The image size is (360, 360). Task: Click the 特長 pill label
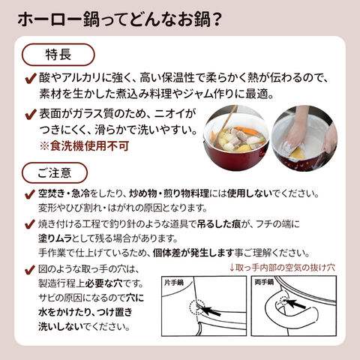(x=58, y=55)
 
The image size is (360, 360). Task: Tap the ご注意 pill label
(x=55, y=172)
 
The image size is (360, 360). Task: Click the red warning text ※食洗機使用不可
(x=84, y=146)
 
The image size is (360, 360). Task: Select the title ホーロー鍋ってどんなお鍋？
(x=119, y=19)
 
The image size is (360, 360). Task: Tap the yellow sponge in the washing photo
(x=297, y=153)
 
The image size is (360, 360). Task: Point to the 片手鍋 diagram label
(x=174, y=283)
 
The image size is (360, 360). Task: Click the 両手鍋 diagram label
(x=264, y=282)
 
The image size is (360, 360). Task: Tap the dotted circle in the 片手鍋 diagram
(x=197, y=307)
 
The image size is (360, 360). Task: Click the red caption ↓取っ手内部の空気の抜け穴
(x=282, y=268)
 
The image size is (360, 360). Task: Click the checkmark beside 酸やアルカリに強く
(x=31, y=79)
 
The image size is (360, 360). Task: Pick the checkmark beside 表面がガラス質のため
(x=31, y=114)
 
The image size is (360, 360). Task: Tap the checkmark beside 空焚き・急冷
(x=30, y=193)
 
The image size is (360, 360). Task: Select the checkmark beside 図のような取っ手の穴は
(x=30, y=270)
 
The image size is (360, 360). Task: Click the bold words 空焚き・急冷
(x=64, y=193)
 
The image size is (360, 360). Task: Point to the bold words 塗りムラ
(x=55, y=238)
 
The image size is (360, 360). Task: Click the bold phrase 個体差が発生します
(x=193, y=253)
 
